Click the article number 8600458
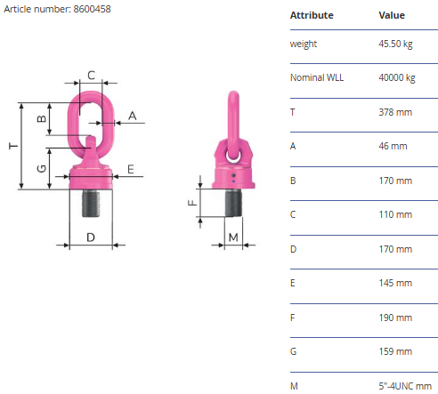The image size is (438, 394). coord(92,9)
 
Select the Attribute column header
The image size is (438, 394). coord(312,15)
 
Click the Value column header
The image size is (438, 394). coord(392,15)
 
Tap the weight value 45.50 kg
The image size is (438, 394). coord(395,44)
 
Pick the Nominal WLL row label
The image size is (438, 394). coord(317,77)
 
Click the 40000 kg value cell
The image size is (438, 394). coord(397,77)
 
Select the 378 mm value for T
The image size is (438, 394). coord(395,112)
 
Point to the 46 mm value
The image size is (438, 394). coord(393,146)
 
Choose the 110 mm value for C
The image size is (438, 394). coord(395,214)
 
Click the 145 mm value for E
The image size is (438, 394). coord(395,283)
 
